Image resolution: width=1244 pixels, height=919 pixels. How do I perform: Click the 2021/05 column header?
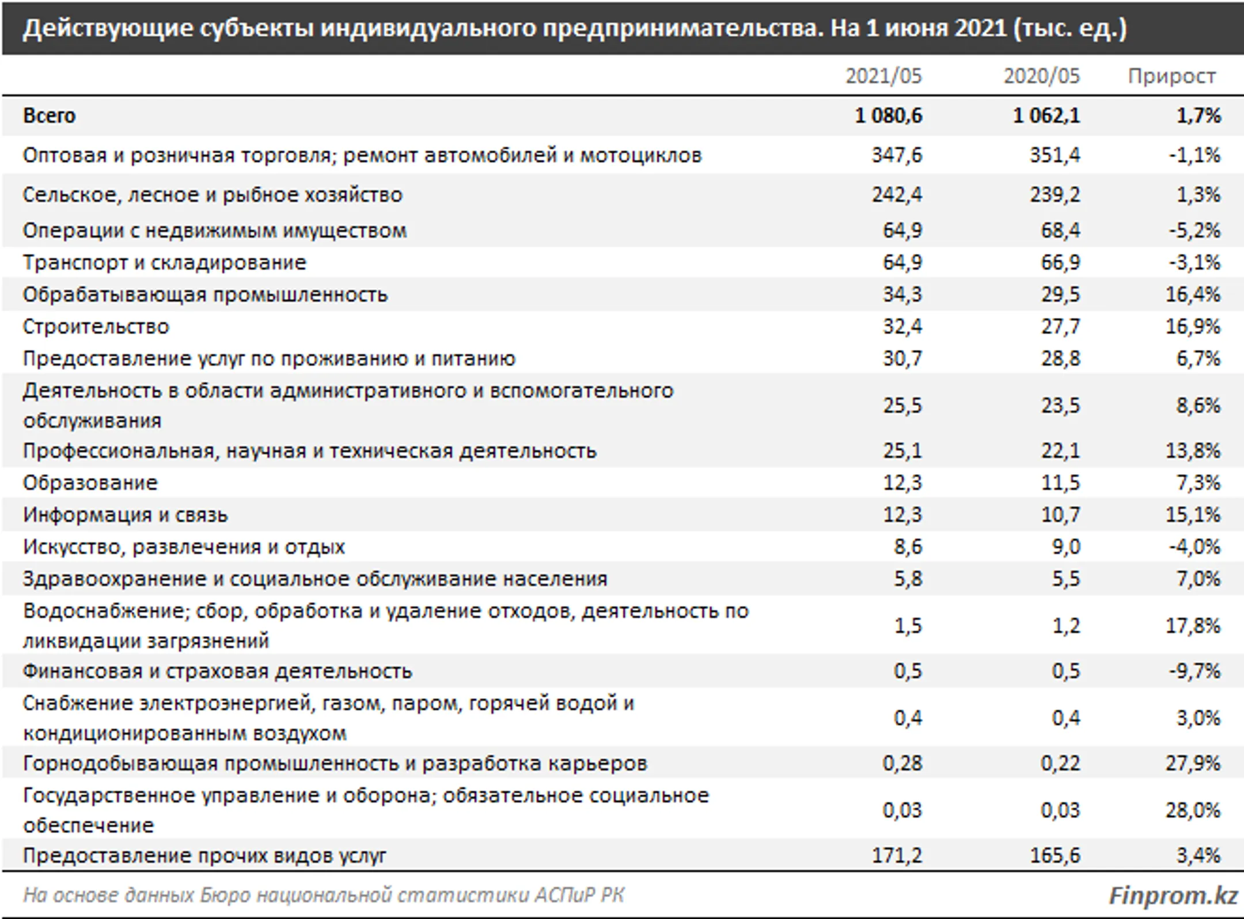(x=883, y=76)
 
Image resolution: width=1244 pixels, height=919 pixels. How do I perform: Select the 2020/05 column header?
(x=1042, y=76)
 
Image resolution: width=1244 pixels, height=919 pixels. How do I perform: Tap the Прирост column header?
(x=1172, y=77)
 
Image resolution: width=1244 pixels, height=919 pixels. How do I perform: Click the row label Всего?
(x=50, y=116)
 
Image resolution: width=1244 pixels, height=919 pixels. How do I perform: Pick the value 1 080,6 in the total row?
(x=889, y=116)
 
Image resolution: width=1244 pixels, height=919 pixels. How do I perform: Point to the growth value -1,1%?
(x=1194, y=155)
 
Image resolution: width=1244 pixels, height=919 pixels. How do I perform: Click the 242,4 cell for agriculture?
(x=897, y=195)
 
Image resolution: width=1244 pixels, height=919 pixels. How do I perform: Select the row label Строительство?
(x=96, y=327)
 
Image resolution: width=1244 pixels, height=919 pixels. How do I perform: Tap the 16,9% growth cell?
(x=1193, y=327)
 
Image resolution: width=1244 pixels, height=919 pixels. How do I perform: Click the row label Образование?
(x=90, y=483)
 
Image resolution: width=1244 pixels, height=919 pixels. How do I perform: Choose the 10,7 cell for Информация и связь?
(x=1061, y=515)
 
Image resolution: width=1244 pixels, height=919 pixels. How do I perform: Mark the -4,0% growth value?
(x=1194, y=547)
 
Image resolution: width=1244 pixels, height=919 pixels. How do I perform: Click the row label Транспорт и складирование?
(x=165, y=263)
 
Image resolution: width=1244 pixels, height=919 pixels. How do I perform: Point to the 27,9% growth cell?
(x=1193, y=763)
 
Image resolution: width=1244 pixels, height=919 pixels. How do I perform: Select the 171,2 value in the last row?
(x=897, y=856)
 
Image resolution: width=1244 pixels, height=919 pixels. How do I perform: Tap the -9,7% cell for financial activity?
(x=1194, y=671)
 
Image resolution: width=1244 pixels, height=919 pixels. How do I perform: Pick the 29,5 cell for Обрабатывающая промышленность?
(x=1061, y=295)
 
